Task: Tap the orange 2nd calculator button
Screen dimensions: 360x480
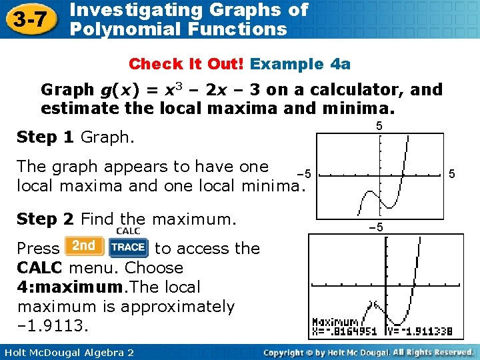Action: tap(84, 246)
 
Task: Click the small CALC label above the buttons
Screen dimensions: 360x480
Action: tap(127, 231)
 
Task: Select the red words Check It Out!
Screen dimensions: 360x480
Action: tap(187, 64)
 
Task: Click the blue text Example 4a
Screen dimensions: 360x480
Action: tap(300, 64)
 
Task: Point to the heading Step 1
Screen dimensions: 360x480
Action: tap(45, 137)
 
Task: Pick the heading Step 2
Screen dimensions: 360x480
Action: tap(45, 219)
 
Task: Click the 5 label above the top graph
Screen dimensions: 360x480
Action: tap(379, 125)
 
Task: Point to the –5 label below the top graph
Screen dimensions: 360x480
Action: tap(377, 227)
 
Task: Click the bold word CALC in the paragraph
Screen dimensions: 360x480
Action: tap(40, 268)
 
